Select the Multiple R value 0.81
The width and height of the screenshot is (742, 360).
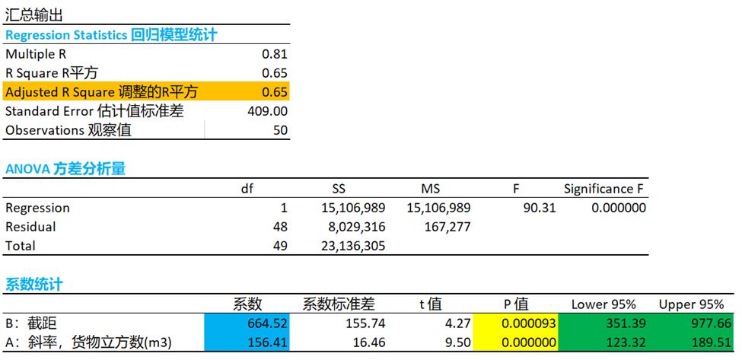(x=274, y=54)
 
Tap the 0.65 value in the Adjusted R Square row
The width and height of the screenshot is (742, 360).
(x=274, y=92)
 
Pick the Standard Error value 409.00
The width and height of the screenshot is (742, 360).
(x=267, y=111)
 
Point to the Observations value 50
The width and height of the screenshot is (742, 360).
(x=280, y=130)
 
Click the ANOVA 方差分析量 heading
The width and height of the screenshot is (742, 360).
(x=65, y=169)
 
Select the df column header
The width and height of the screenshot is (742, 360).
(x=247, y=189)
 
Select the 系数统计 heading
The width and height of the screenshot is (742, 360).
(x=34, y=285)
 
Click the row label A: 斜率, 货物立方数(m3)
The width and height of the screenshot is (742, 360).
(x=88, y=342)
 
